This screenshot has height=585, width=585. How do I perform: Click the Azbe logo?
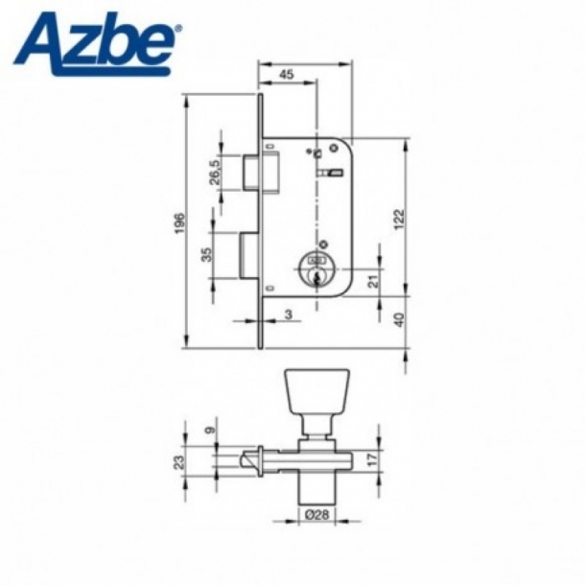[96, 39]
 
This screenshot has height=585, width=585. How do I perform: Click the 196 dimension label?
[179, 222]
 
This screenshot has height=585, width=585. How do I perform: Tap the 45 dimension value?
[287, 74]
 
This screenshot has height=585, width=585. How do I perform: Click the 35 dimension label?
[205, 256]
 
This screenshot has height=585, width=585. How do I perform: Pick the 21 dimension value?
[373, 279]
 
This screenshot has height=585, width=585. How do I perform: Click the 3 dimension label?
[290, 314]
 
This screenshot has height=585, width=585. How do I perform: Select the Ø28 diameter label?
[313, 516]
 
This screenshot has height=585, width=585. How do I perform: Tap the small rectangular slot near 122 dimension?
[336, 174]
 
